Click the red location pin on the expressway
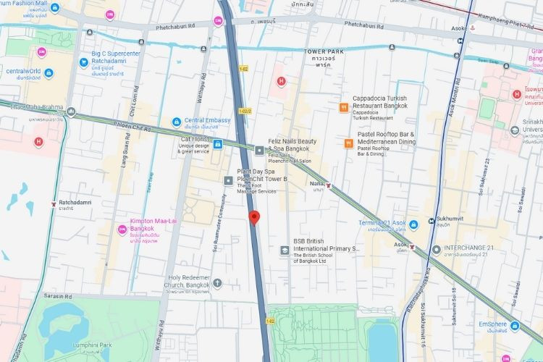pos(253,217)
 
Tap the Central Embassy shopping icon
pos(176,122)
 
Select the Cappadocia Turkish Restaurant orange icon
pos(343,107)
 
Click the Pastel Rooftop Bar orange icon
pos(348,143)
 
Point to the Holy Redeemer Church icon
pos(217,282)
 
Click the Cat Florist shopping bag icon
pos(217,143)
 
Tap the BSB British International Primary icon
pos(285,250)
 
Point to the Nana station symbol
pos(330,186)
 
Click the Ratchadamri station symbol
pos(54,204)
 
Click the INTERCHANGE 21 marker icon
pos(436,250)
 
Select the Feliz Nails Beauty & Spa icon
pos(260,150)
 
